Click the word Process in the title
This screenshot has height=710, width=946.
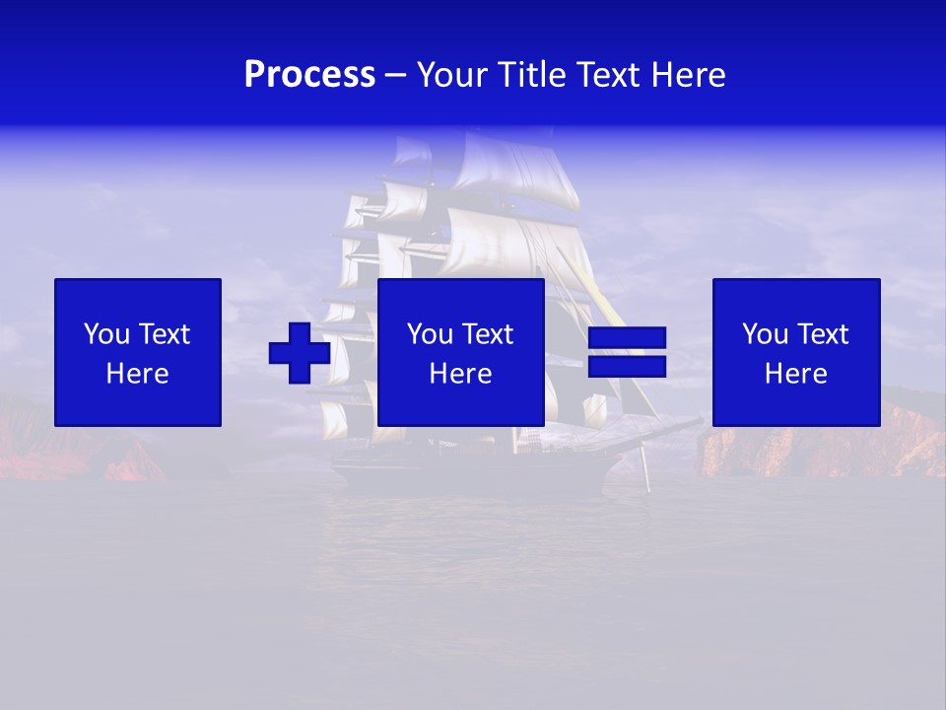click(x=309, y=75)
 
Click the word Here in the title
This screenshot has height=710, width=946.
click(x=689, y=75)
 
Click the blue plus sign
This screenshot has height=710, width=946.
click(x=300, y=353)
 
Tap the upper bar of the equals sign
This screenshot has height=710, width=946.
click(x=627, y=338)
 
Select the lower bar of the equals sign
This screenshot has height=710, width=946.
click(x=627, y=367)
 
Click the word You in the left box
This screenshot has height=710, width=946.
click(x=106, y=334)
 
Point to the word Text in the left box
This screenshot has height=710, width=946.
click(x=164, y=334)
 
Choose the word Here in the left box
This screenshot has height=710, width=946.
click(x=137, y=374)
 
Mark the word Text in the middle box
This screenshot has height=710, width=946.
click(x=487, y=334)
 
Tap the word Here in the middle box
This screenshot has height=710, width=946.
click(x=460, y=374)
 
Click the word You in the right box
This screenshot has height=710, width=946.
click(x=765, y=334)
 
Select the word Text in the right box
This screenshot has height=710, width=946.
click(x=822, y=334)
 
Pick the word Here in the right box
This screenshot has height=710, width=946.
click(x=795, y=374)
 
